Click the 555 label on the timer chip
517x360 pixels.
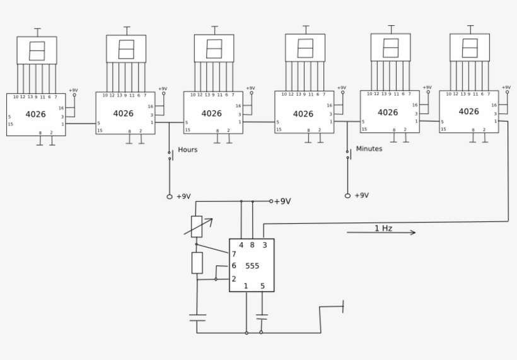click(x=252, y=266)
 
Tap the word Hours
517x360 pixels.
click(x=188, y=150)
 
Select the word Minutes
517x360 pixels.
click(x=369, y=149)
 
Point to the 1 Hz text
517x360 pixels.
click(x=383, y=228)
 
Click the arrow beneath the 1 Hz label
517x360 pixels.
click(x=381, y=233)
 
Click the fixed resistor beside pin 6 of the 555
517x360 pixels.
click(x=197, y=263)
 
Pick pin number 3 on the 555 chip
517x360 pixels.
click(x=264, y=245)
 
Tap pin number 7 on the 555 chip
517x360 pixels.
click(x=234, y=254)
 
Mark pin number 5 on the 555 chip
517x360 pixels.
click(x=262, y=286)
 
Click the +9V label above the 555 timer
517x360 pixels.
click(x=282, y=202)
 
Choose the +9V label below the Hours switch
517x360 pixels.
click(x=183, y=197)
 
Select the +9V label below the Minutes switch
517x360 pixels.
click(x=361, y=195)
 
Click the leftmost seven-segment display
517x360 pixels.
click(x=37, y=50)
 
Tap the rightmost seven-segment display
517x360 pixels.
click(x=470, y=48)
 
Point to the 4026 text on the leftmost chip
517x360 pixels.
click(x=35, y=114)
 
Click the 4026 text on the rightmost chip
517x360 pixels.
click(x=468, y=112)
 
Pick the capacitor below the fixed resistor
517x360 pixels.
click(x=197, y=318)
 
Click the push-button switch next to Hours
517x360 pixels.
click(x=169, y=154)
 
